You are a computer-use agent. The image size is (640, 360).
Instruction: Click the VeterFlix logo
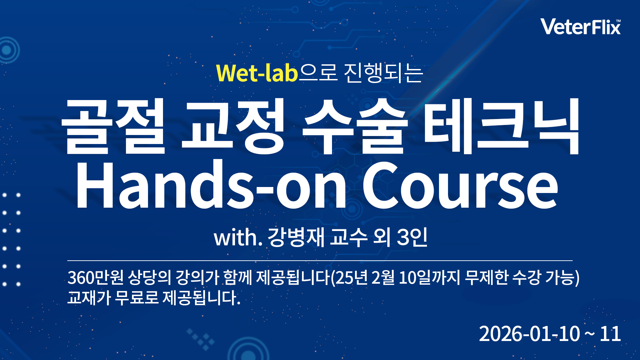coord(580,27)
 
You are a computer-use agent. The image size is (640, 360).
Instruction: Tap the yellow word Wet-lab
coord(257,73)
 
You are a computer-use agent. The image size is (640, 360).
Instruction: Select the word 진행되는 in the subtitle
coord(383,73)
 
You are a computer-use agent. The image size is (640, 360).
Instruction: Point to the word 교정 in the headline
coord(233,127)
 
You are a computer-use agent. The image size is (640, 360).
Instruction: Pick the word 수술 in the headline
coord(355,127)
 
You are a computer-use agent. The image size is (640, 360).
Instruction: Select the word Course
coord(460,185)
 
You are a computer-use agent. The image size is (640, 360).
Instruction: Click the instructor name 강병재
coord(296,238)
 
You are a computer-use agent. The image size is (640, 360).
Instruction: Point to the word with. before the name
coord(238,238)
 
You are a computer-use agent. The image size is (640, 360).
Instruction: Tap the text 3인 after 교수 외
coord(412,238)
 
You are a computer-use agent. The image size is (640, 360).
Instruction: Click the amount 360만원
coord(95,278)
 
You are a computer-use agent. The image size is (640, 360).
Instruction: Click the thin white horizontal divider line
coord(320,260)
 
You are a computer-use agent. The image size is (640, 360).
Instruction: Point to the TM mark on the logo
coord(618,21)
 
